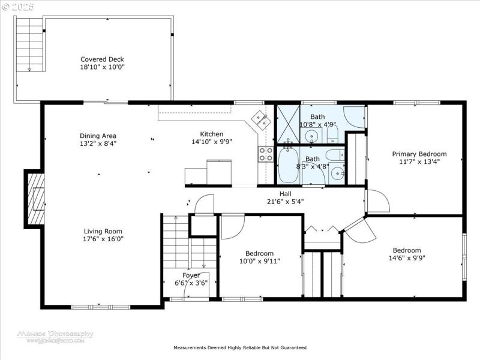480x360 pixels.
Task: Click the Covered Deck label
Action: pyautogui.click(x=102, y=59)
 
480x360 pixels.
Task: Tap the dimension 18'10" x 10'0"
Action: pyautogui.click(x=102, y=67)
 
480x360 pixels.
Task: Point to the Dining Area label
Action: pyautogui.click(x=98, y=136)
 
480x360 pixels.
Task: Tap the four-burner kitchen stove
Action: pyautogui.click(x=266, y=154)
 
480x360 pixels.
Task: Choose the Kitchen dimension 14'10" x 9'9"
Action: pyautogui.click(x=211, y=142)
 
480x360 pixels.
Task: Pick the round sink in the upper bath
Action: pyautogui.click(x=312, y=137)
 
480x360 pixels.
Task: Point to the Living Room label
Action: pyautogui.click(x=103, y=231)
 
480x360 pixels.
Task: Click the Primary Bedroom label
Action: pyautogui.click(x=415, y=154)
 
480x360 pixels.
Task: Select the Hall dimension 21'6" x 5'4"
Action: pyautogui.click(x=285, y=202)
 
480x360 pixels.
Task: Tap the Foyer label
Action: pyautogui.click(x=191, y=275)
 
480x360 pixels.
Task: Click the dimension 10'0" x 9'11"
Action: pyautogui.click(x=259, y=261)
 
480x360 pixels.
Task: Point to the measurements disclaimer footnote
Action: pyautogui.click(x=240, y=347)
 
